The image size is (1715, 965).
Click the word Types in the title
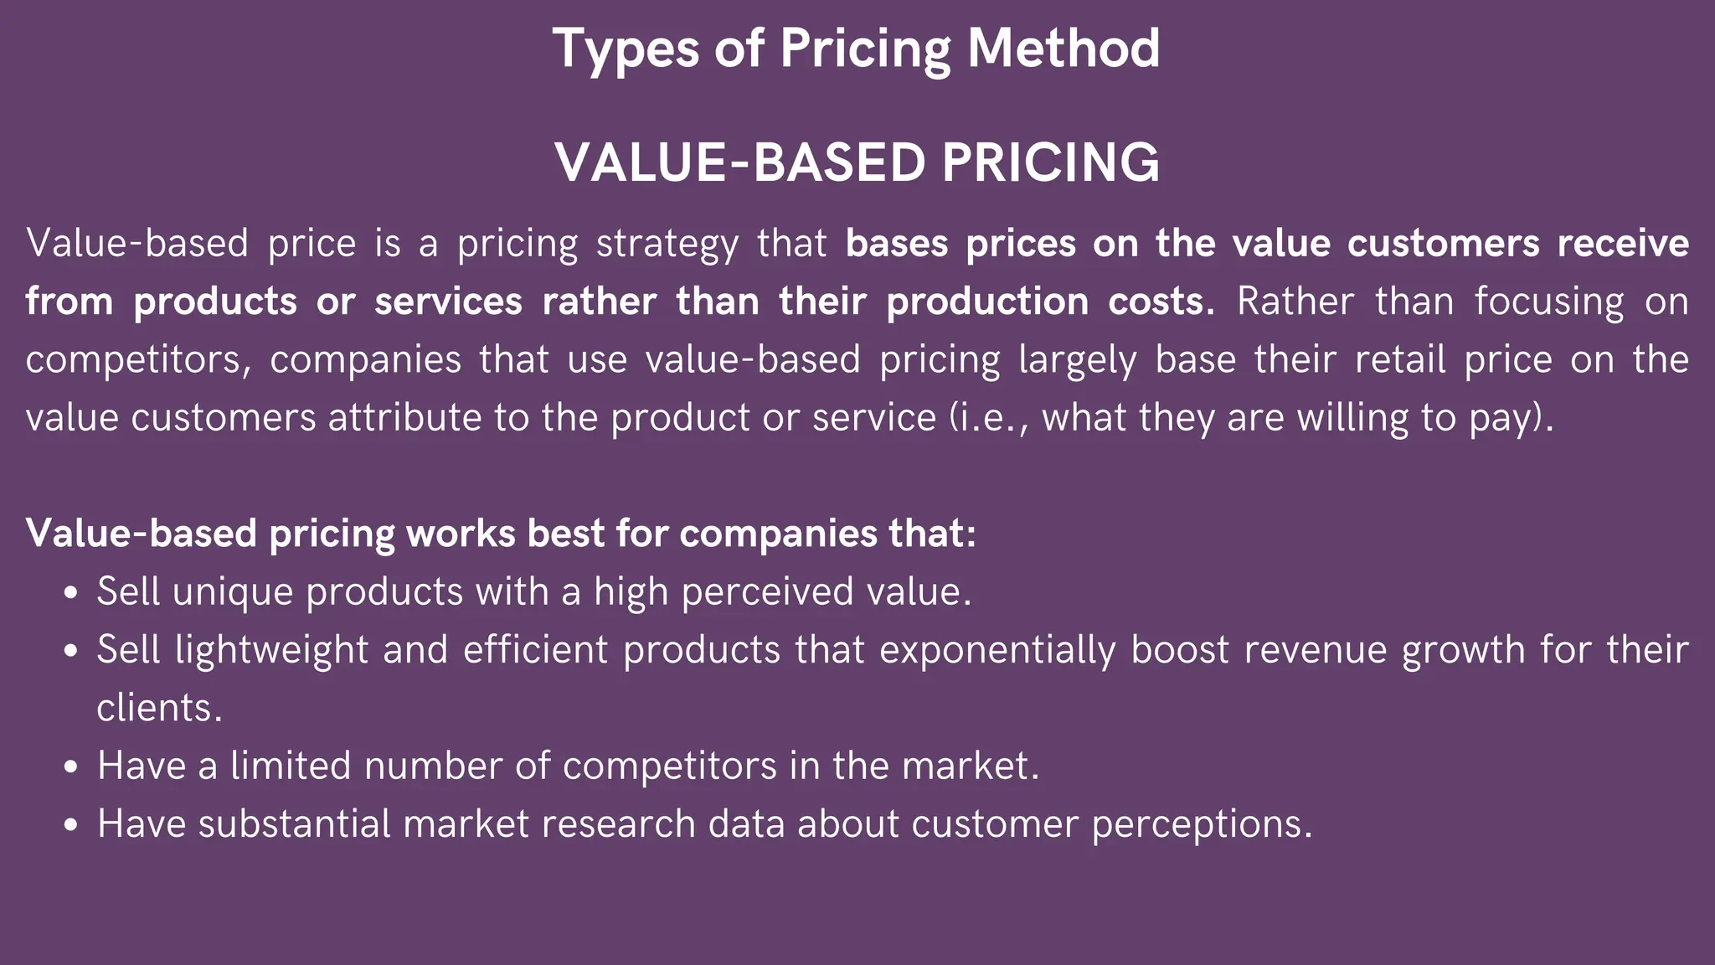(x=626, y=49)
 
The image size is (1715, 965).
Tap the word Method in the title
(x=1064, y=49)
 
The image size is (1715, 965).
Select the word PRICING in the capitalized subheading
(x=1051, y=163)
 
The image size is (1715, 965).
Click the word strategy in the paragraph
(x=667, y=245)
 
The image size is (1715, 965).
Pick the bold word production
(x=988, y=302)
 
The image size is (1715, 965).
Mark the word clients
(x=159, y=709)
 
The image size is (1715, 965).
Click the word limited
(x=291, y=766)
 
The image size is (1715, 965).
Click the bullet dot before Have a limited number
(x=71, y=767)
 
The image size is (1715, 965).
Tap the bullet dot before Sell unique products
(x=71, y=593)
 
